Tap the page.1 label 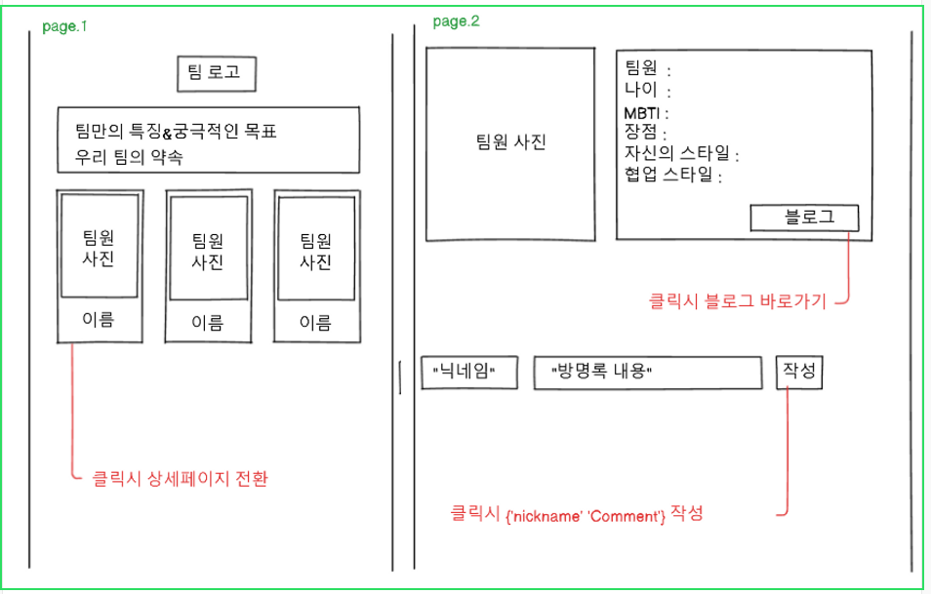tap(64, 26)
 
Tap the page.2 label tap(456, 21)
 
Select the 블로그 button tap(804, 218)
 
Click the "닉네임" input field tap(468, 372)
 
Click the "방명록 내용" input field tap(647, 372)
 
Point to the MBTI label tap(644, 113)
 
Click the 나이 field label tap(642, 91)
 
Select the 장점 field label tap(643, 133)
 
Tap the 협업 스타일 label tap(669, 176)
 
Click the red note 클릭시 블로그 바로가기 tap(737, 301)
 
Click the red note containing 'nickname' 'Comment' tap(576, 513)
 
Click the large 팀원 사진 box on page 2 tap(510, 142)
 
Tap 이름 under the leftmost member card tap(98, 319)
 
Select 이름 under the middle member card tap(206, 322)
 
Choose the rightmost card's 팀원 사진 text tap(314, 252)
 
